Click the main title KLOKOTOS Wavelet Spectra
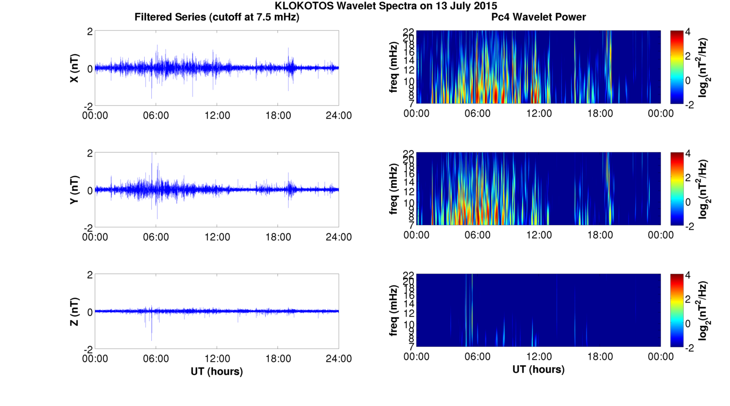[x=386, y=6]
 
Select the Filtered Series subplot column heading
[x=217, y=17]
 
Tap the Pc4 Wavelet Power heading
[x=538, y=17]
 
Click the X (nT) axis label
[x=75, y=68]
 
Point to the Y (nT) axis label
[x=75, y=190]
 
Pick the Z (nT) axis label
[x=75, y=311]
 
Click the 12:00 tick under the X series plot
[x=217, y=115]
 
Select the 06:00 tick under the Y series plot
[x=156, y=237]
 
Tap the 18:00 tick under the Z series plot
[x=277, y=359]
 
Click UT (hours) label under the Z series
[x=217, y=371]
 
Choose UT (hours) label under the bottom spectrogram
[x=538, y=369]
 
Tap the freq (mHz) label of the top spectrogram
[x=394, y=68]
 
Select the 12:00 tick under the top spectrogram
[x=538, y=113]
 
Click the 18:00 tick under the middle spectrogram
[x=600, y=235]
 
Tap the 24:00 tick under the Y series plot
[x=339, y=237]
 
